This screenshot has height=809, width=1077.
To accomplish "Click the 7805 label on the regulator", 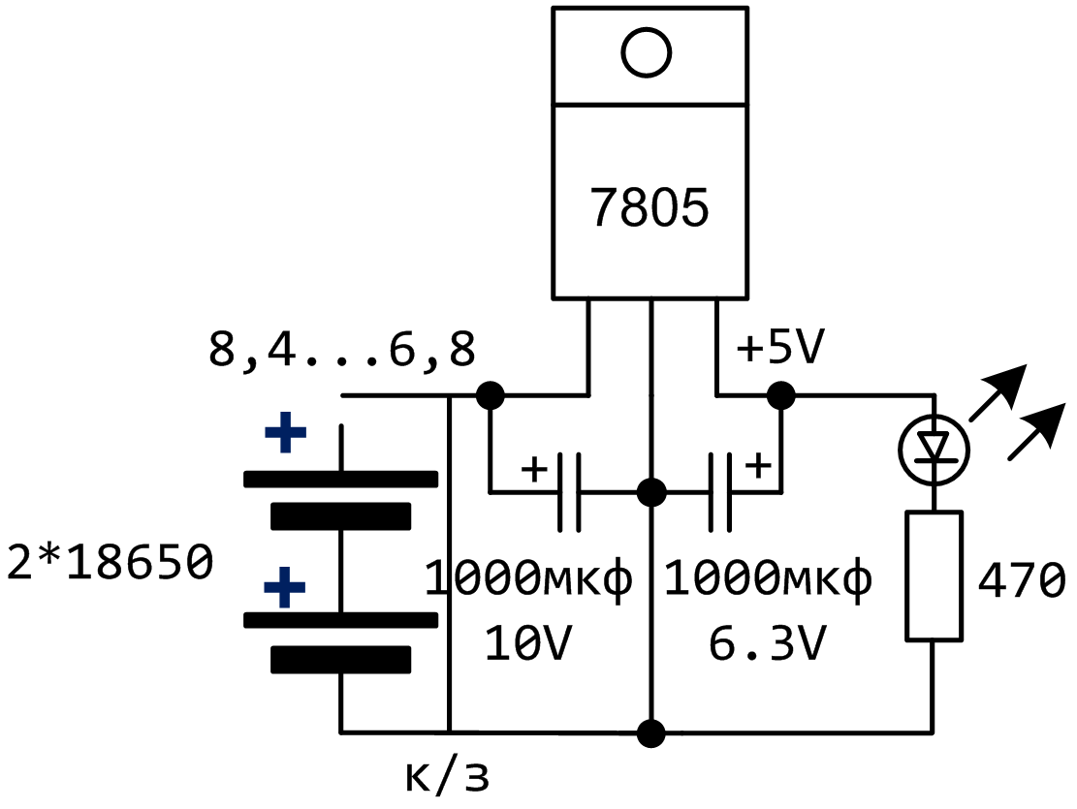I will [650, 209].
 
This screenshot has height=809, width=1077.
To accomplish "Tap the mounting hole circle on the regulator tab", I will [648, 52].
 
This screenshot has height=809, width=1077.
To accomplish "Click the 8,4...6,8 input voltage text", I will [342, 351].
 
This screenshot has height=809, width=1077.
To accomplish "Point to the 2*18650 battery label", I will [109, 563].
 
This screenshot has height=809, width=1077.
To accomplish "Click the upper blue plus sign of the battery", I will [285, 435].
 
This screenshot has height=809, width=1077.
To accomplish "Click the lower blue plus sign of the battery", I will [285, 588].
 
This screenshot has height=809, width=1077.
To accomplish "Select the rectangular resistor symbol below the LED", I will [934, 576].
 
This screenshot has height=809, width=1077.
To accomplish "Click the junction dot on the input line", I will [491, 395].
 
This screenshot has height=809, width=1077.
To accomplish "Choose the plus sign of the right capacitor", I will [759, 466].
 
